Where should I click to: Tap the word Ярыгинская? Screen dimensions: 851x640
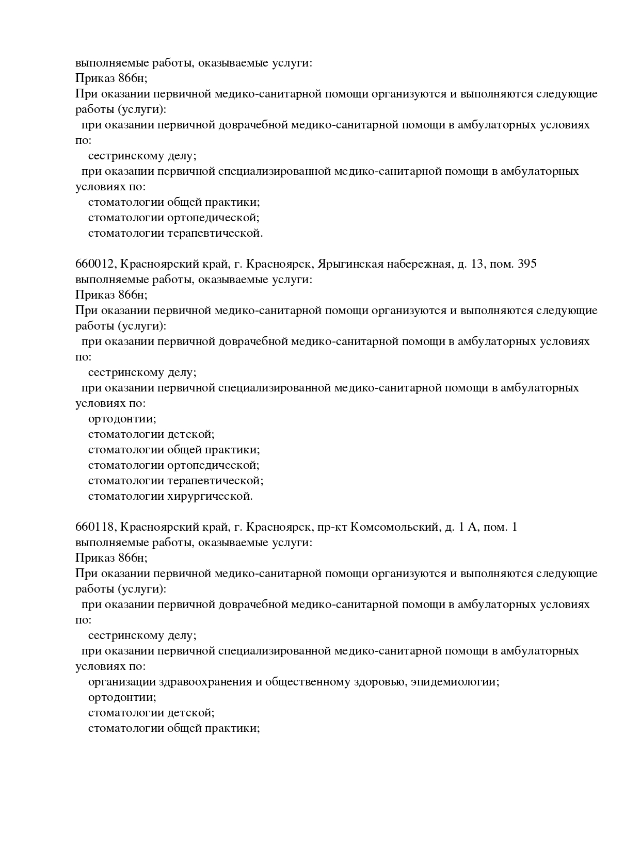[350, 264]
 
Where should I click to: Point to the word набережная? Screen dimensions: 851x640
[419, 264]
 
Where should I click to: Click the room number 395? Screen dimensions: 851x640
[527, 264]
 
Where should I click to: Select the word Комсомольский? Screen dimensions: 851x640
[395, 527]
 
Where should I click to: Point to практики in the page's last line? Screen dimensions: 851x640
[232, 728]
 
